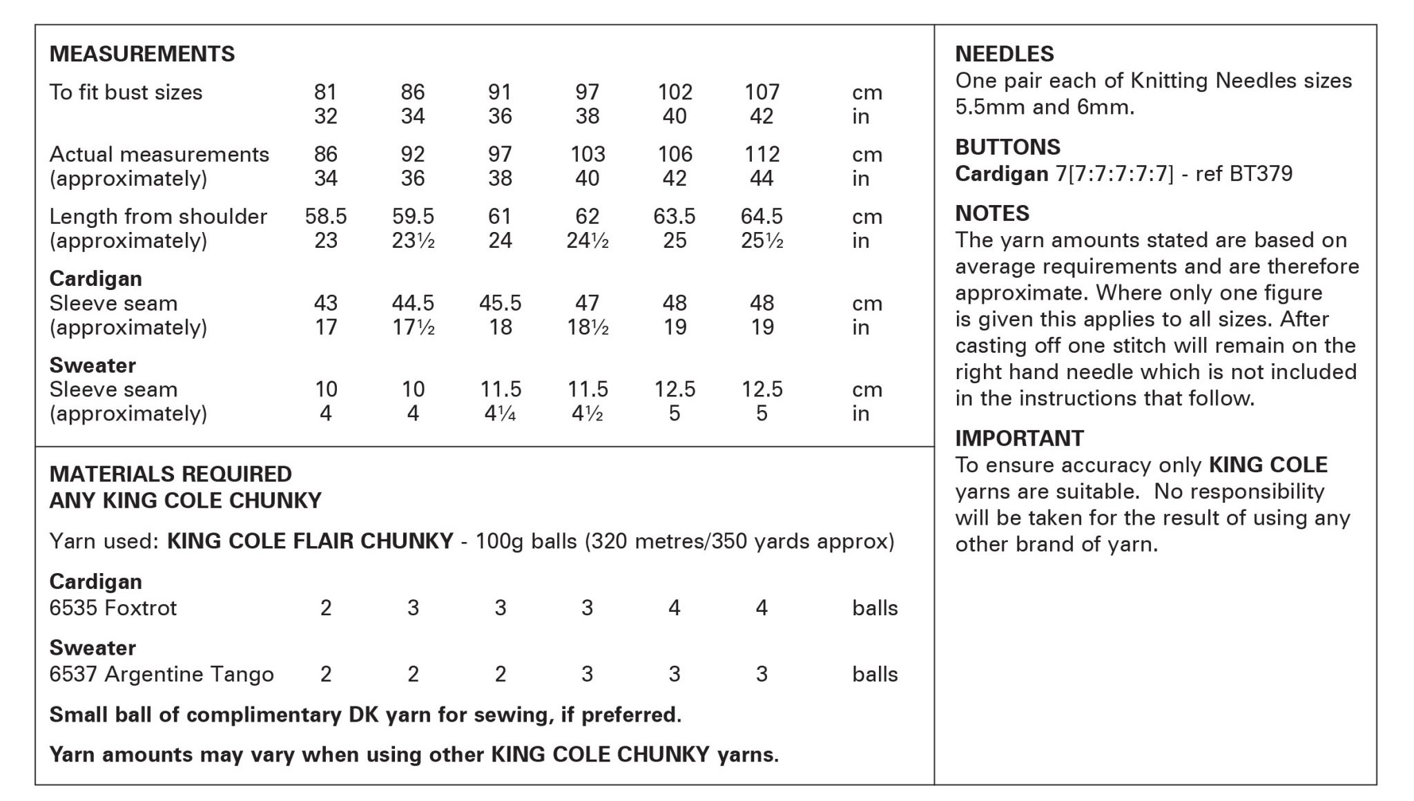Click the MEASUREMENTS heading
[142, 54]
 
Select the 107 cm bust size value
[762, 92]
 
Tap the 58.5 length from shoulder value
[326, 216]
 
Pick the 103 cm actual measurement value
[587, 154]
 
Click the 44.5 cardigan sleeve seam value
[413, 302]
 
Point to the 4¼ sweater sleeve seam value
[500, 414]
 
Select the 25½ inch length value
[762, 240]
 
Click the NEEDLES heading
[1004, 54]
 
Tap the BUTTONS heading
[1007, 147]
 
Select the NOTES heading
[991, 213]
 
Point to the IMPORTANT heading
[1019, 438]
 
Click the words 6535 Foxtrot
[113, 608]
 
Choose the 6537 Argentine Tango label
[162, 674]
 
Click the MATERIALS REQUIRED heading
[171, 474]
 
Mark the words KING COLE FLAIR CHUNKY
[310, 541]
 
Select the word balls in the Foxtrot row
[875, 608]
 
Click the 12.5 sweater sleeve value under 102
[674, 389]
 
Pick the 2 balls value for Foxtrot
[326, 608]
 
